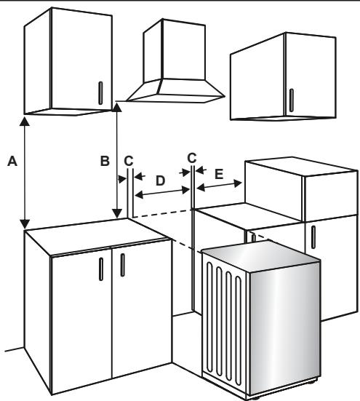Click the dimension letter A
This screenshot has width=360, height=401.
tap(12, 161)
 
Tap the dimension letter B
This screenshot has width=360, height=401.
tap(105, 161)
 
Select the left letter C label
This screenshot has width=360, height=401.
tap(129, 161)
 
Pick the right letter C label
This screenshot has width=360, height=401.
tap(191, 158)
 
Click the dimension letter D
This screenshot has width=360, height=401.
tap(160, 180)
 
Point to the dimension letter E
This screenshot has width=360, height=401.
tap(219, 175)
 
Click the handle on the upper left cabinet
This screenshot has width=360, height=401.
tap(100, 93)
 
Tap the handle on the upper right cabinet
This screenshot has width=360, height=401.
tap(291, 100)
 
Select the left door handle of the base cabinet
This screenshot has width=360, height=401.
tap(101, 269)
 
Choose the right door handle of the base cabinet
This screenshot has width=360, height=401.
tap(123, 265)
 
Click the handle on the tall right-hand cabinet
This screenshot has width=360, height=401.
tap(313, 237)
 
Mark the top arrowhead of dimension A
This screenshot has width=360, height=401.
tap(25, 122)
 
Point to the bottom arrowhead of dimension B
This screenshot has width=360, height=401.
tap(117, 213)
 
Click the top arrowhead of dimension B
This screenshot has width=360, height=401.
tap(117, 107)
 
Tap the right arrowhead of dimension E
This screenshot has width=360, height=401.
tap(238, 183)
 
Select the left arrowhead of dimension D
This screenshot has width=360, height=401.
tap(138, 195)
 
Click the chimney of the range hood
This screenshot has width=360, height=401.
tap(175, 50)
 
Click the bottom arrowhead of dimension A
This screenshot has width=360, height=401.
tap(25, 223)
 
